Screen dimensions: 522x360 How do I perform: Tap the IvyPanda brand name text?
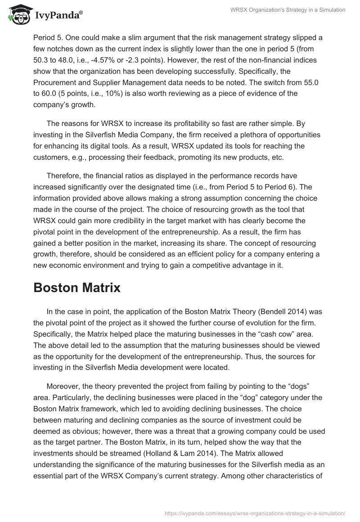point(58,16)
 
